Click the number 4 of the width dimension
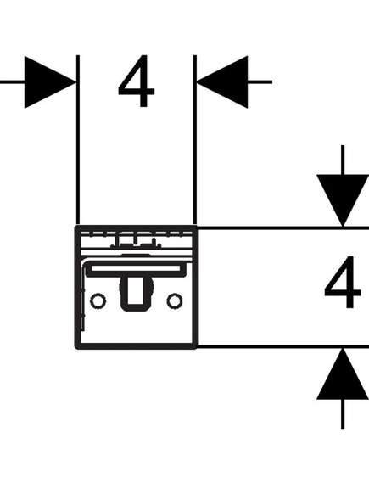pyautogui.click(x=137, y=81)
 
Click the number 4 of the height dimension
pyautogui.click(x=343, y=282)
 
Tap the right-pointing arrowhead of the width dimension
pyautogui.click(x=50, y=82)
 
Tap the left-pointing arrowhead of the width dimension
pyautogui.click(x=222, y=82)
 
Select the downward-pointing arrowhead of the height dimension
pyautogui.click(x=343, y=200)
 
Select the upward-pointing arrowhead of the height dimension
pyautogui.click(x=343, y=374)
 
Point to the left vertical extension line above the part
pyautogui.click(x=78, y=140)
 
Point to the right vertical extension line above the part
pyautogui.click(x=195, y=140)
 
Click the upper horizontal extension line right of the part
pyautogui.click(x=282, y=228)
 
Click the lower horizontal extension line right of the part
pyautogui.click(x=282, y=346)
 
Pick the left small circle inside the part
pyautogui.click(x=98, y=300)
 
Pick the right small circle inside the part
pyautogui.click(x=175, y=300)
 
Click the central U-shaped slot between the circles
pyautogui.click(x=136, y=293)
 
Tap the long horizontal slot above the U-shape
pyautogui.click(x=136, y=268)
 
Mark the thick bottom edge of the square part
pyautogui.click(x=136, y=346)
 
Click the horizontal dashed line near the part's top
pyautogui.click(x=136, y=235)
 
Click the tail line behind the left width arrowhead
pyautogui.click(x=13, y=82)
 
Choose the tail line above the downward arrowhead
pyautogui.click(x=343, y=160)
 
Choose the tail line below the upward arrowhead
pyautogui.click(x=343, y=414)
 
